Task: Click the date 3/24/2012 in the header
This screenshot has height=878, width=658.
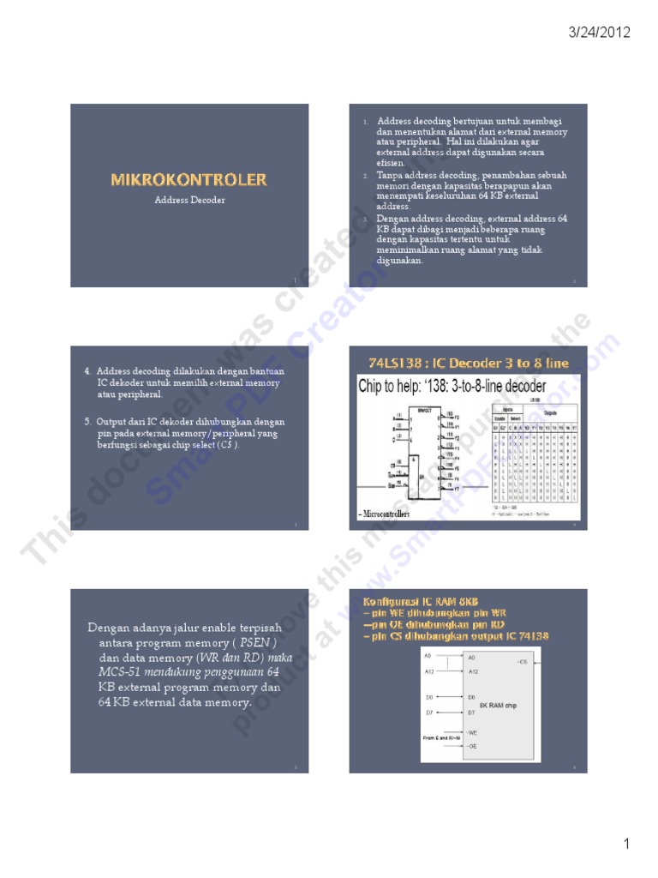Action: coord(600,33)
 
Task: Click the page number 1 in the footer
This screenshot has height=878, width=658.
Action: coord(626,845)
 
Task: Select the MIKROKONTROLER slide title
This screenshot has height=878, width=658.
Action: coord(188,179)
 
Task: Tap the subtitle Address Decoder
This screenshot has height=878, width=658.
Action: coord(189,200)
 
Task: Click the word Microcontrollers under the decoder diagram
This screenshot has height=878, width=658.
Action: coord(385,514)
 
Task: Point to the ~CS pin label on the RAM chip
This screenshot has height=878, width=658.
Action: coord(523,662)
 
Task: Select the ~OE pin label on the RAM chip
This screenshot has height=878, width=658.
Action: coord(472,748)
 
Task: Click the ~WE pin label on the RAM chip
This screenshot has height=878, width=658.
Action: coord(472,732)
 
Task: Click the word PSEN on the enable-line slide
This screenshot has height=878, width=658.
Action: coord(258,642)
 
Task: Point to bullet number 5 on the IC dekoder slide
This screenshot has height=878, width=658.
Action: coord(87,422)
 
